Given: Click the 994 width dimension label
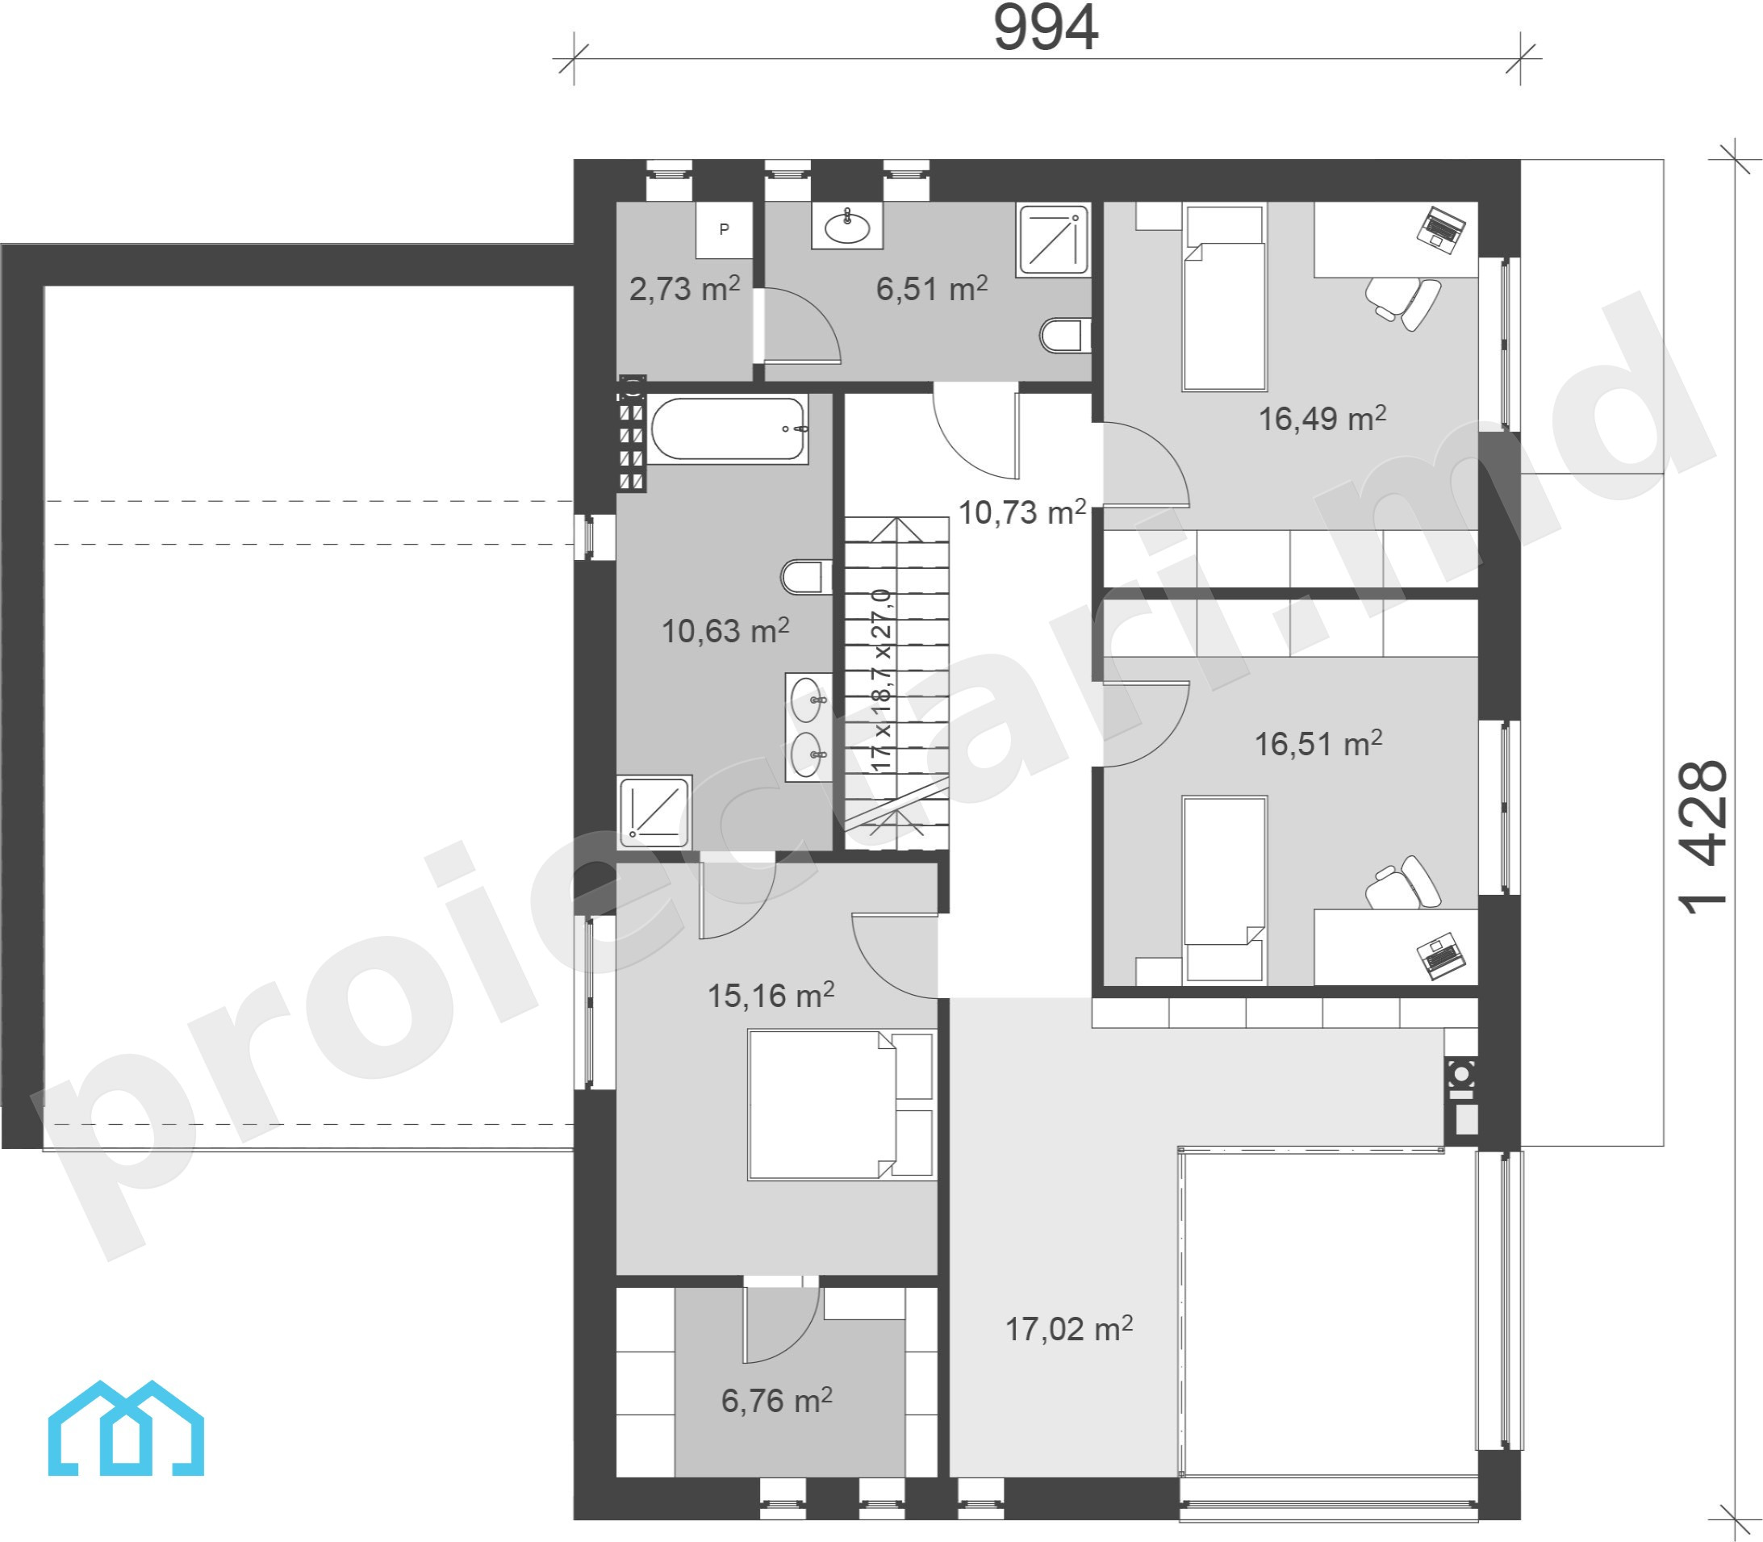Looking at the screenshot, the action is click(x=1046, y=28).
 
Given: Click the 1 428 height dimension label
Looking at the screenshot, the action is click(x=1702, y=838).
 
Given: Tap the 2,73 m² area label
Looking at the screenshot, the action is click(x=684, y=288).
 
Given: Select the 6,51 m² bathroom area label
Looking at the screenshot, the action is click(x=932, y=288).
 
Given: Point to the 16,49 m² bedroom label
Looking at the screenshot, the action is click(x=1322, y=418).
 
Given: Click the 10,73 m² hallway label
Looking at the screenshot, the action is click(x=1022, y=512).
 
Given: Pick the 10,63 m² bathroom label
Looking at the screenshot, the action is click(x=725, y=631).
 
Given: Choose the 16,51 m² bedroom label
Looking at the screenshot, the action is click(x=1318, y=743).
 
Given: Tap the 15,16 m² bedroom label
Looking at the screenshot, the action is click(x=771, y=995).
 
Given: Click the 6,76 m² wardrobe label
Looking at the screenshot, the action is click(x=777, y=1400).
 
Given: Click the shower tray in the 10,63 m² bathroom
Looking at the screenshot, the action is click(x=655, y=809).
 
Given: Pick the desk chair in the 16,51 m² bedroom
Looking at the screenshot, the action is click(x=1403, y=882).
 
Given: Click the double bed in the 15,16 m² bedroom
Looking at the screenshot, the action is click(x=842, y=1105).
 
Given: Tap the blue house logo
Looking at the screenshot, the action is click(x=126, y=1430).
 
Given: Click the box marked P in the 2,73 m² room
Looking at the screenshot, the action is click(x=725, y=230).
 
